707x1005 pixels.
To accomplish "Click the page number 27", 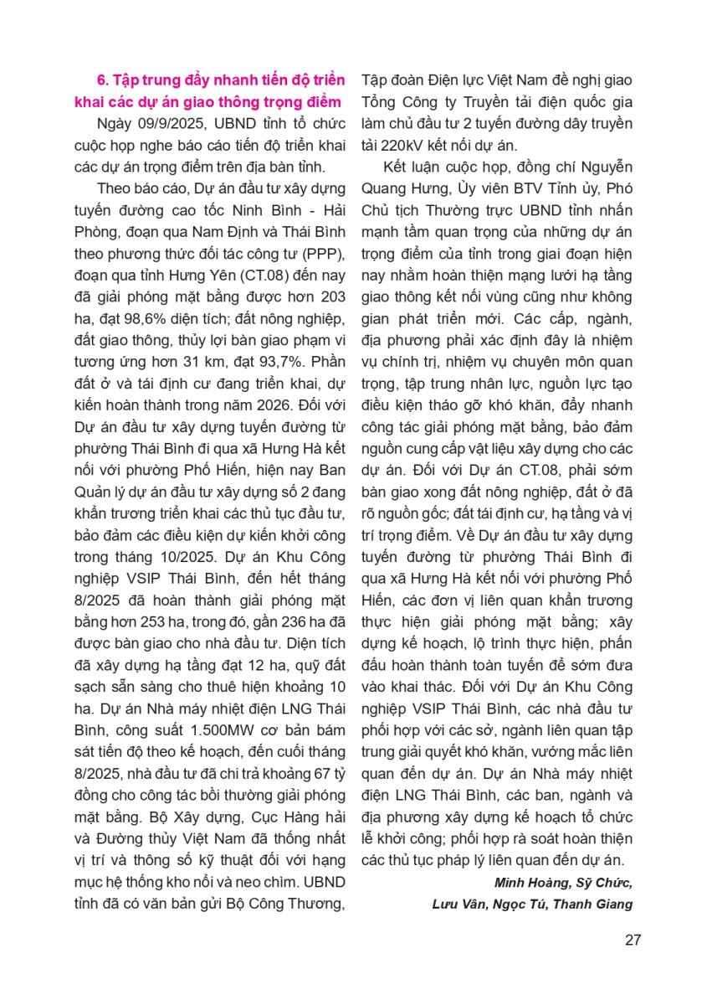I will coord(633,939).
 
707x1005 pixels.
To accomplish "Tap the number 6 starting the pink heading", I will coord(102,80).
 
